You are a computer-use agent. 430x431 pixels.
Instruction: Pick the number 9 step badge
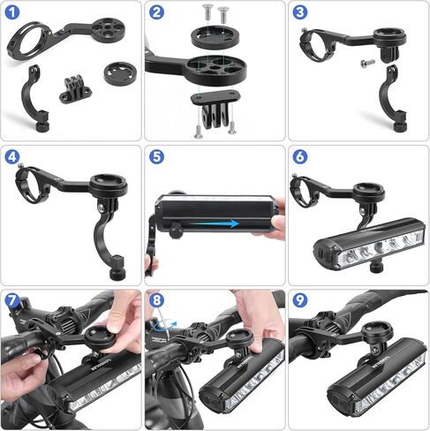(x=300, y=301)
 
